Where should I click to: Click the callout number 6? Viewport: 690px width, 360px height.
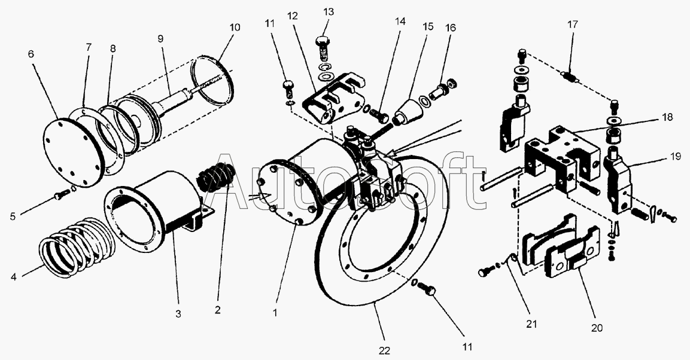(31, 54)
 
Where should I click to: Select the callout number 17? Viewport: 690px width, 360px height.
(573, 26)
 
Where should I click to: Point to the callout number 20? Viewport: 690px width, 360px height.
(597, 328)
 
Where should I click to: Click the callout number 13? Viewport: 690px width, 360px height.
(329, 13)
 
